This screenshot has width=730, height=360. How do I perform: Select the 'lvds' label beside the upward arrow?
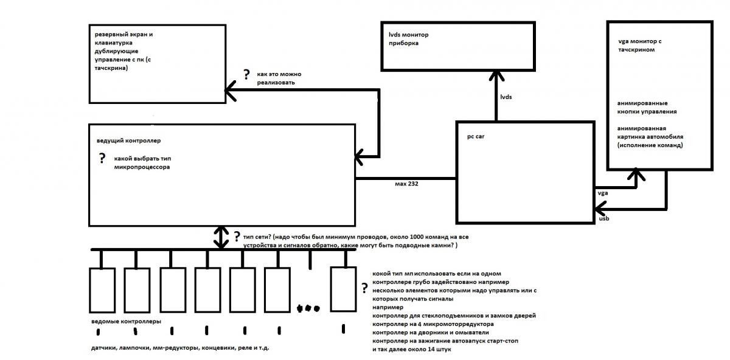click(x=506, y=97)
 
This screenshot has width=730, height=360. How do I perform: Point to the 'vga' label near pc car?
click(x=602, y=193)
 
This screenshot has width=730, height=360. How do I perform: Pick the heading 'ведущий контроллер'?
click(x=128, y=141)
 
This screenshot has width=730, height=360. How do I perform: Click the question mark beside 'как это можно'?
click(x=246, y=75)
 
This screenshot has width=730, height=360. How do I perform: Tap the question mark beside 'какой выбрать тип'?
click(x=102, y=159)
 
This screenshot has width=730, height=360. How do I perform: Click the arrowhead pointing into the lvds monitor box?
click(x=498, y=75)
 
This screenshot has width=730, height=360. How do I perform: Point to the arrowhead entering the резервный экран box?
click(x=231, y=92)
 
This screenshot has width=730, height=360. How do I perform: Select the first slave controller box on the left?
click(x=102, y=289)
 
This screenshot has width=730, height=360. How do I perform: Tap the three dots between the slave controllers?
click(x=308, y=308)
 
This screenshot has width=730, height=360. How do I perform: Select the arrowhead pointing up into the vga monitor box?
click(x=637, y=175)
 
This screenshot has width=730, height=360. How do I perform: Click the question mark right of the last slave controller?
click(x=364, y=288)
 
